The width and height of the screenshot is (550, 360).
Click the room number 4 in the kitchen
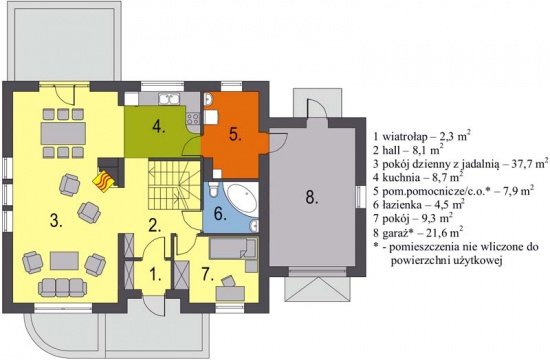tap(159, 127)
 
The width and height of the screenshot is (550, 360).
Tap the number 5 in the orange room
tap(235, 135)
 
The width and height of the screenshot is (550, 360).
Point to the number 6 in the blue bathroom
tap(220, 214)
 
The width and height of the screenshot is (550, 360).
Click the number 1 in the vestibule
tap(155, 275)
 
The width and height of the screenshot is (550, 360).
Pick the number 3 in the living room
tap(56, 221)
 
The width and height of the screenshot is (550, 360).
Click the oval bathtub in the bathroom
tap(241, 199)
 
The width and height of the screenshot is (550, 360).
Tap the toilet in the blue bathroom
tap(213, 189)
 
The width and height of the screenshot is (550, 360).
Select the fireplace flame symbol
tap(103, 181)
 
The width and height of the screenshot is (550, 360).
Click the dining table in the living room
tap(63, 133)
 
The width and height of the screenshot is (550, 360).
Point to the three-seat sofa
tap(62, 288)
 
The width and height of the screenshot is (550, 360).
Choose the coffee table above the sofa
tap(64, 261)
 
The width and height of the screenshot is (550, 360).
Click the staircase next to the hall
tap(174, 185)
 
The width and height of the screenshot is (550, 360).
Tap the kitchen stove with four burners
tap(193, 119)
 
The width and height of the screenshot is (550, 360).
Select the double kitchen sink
tap(169, 99)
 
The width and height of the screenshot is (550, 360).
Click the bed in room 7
tap(233, 248)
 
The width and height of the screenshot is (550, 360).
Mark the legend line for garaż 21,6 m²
tap(418, 233)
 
